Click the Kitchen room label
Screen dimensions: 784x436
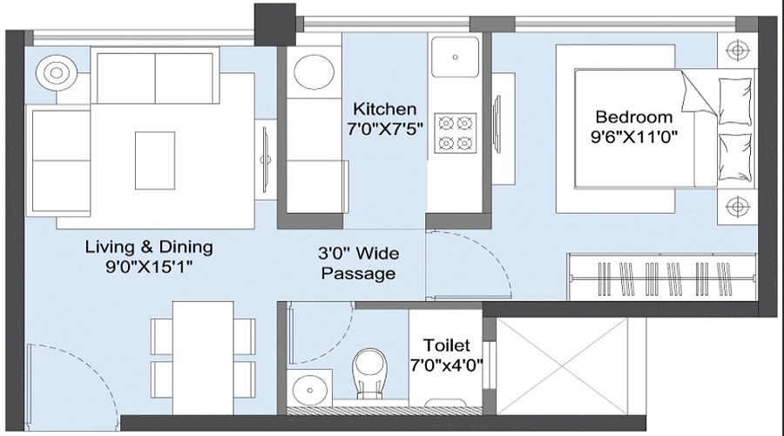click(384, 109)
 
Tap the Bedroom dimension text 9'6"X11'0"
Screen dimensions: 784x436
click(634, 137)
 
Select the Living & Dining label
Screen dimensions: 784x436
click(149, 247)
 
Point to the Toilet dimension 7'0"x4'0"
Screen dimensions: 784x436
click(447, 365)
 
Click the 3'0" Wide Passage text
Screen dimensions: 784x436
click(359, 263)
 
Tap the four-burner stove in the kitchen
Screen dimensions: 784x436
click(455, 133)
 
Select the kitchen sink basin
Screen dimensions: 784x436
click(455, 57)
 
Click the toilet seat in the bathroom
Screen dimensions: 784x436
click(369, 373)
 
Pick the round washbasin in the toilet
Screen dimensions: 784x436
click(309, 389)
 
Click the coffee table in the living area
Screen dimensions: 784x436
click(155, 160)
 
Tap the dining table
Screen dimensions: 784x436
click(203, 358)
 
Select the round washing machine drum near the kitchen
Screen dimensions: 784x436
click(314, 72)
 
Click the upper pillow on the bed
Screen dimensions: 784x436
click(735, 102)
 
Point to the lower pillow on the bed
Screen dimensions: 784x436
click(735, 158)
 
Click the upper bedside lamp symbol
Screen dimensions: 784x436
click(736, 51)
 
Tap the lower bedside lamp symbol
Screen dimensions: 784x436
click(736, 207)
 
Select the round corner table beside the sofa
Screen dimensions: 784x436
click(56, 73)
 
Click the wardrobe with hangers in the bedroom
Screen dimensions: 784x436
click(661, 276)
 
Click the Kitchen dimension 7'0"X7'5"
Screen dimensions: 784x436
click(385, 130)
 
